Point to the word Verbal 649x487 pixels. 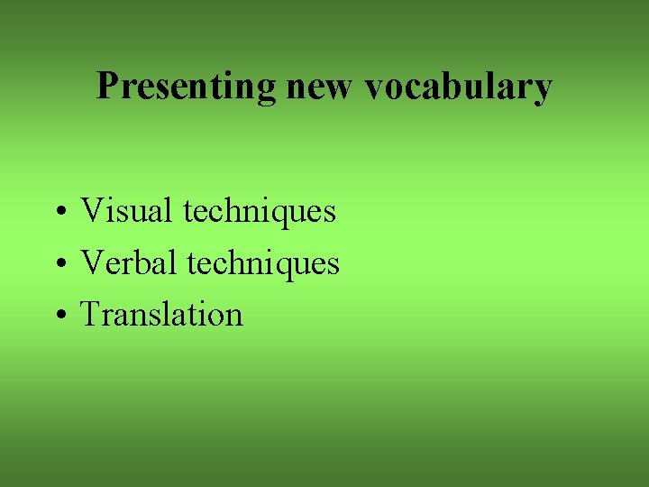click(x=130, y=263)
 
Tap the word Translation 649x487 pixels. click(x=162, y=315)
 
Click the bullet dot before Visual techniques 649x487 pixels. click(x=58, y=214)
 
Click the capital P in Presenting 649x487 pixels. click(x=107, y=87)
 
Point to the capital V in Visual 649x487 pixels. click(x=92, y=211)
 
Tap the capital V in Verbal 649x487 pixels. click(x=92, y=263)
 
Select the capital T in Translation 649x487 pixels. click(x=91, y=315)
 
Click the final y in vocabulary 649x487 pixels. click(x=543, y=91)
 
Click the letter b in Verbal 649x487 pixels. click(x=152, y=262)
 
